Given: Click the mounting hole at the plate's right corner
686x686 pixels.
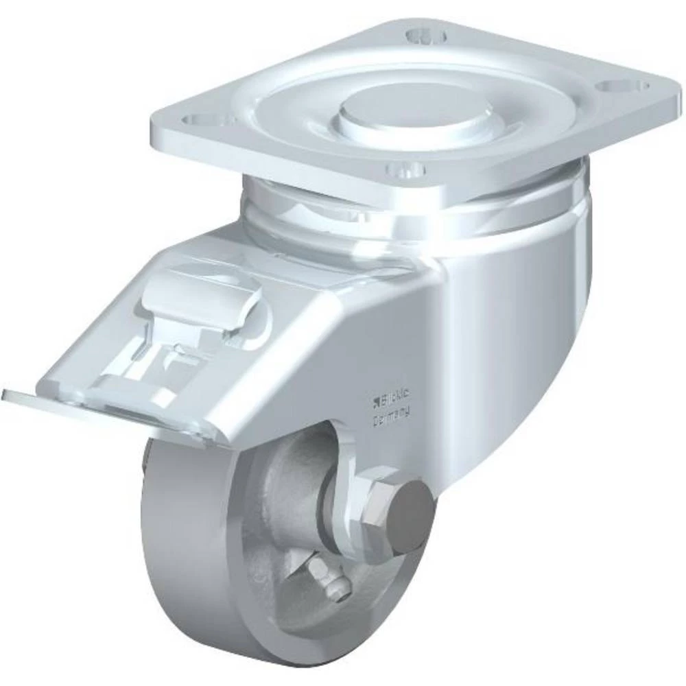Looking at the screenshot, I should coord(622,87).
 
